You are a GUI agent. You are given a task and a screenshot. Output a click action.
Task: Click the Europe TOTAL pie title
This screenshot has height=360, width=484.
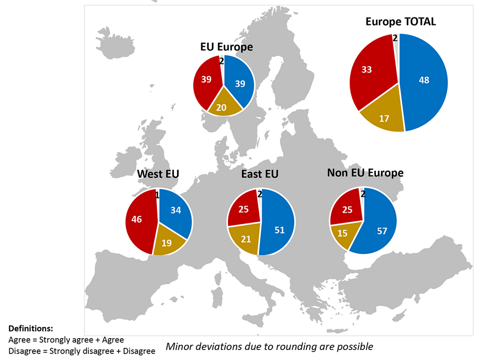pos(400,22)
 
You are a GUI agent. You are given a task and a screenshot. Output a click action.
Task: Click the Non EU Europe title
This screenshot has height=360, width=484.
pos(365,173)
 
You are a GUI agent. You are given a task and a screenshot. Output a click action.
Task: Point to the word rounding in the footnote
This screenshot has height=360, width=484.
pos(315,347)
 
